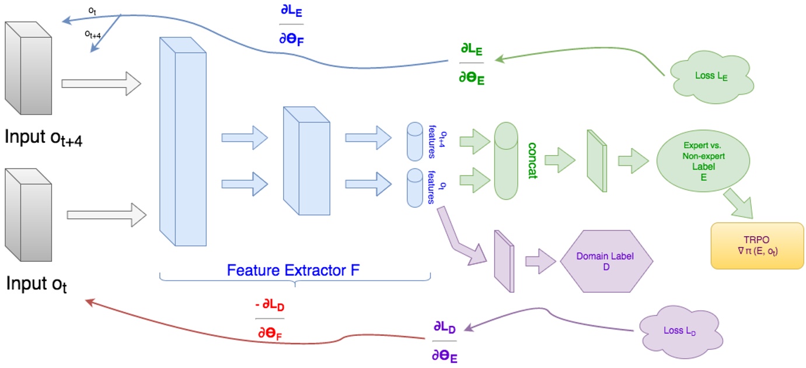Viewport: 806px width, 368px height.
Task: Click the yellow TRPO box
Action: [x=757, y=246]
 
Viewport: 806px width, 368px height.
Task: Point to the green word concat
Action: [x=532, y=160]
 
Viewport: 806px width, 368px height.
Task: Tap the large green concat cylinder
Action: [x=505, y=160]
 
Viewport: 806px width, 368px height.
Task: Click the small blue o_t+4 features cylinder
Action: [x=414, y=141]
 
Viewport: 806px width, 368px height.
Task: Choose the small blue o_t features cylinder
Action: [x=414, y=187]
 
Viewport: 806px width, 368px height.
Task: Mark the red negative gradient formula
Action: [x=270, y=319]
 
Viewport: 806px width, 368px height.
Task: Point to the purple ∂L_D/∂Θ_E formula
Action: [x=445, y=341]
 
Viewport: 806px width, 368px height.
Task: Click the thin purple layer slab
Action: [x=504, y=261]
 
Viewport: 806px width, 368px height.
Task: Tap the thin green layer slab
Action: [x=597, y=160]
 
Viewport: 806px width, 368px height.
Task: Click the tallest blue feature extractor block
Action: [x=183, y=141]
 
